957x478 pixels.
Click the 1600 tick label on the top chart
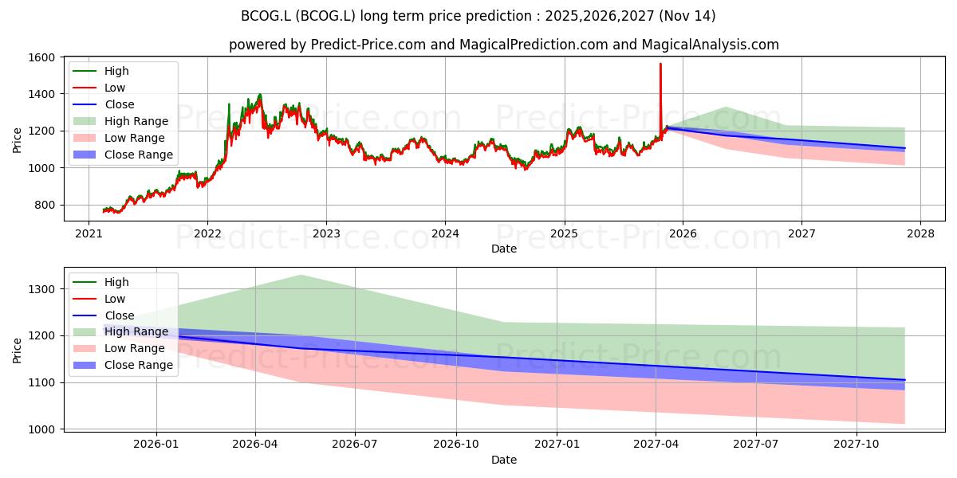coord(41,57)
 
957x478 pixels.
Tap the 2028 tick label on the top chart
coord(920,234)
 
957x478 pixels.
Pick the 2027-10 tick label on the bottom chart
coord(857,445)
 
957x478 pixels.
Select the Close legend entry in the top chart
coord(104,104)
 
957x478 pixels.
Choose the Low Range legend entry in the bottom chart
coord(119,348)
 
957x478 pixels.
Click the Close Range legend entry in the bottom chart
coord(123,365)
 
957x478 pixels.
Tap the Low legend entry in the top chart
coord(99,88)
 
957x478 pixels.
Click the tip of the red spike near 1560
coord(660,64)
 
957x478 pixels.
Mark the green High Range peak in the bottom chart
coord(301,276)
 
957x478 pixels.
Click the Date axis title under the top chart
coord(504,249)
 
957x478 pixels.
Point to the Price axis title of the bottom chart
coord(17,351)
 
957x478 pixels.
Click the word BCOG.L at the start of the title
coord(266,16)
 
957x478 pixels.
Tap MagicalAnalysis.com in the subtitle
coord(711,45)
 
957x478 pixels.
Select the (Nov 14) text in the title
coord(687,16)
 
